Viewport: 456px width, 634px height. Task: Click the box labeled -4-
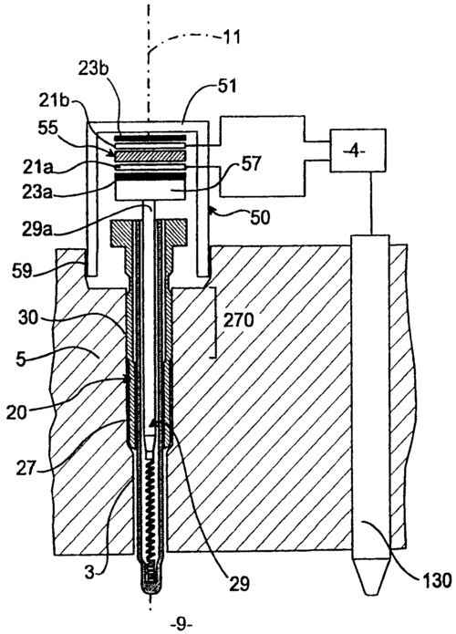358,150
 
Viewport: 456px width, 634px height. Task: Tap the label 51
227,86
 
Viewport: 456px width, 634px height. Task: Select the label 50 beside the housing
260,218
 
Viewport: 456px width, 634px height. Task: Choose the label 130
436,581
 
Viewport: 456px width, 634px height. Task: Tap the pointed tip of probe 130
370,594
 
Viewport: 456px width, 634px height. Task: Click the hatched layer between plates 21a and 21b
150,156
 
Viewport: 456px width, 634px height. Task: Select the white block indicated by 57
150,190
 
